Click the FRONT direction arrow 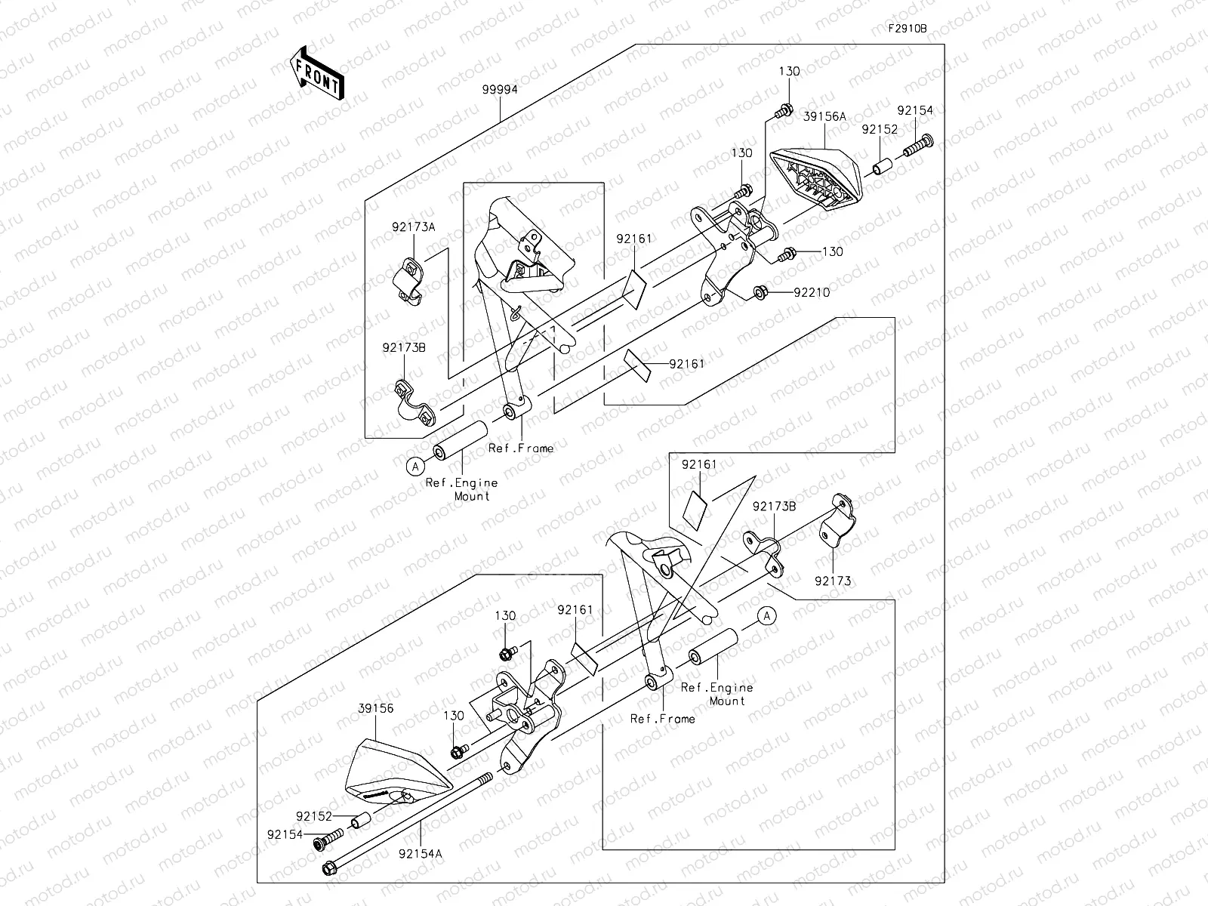(317, 73)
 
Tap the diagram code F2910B (907, 29)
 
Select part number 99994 (500, 89)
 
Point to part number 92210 (812, 292)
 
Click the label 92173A (413, 226)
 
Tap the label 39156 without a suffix (375, 710)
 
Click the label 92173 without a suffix (833, 581)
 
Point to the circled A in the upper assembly (415, 467)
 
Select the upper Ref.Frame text (521, 448)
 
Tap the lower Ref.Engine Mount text (716, 694)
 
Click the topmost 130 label (789, 71)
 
